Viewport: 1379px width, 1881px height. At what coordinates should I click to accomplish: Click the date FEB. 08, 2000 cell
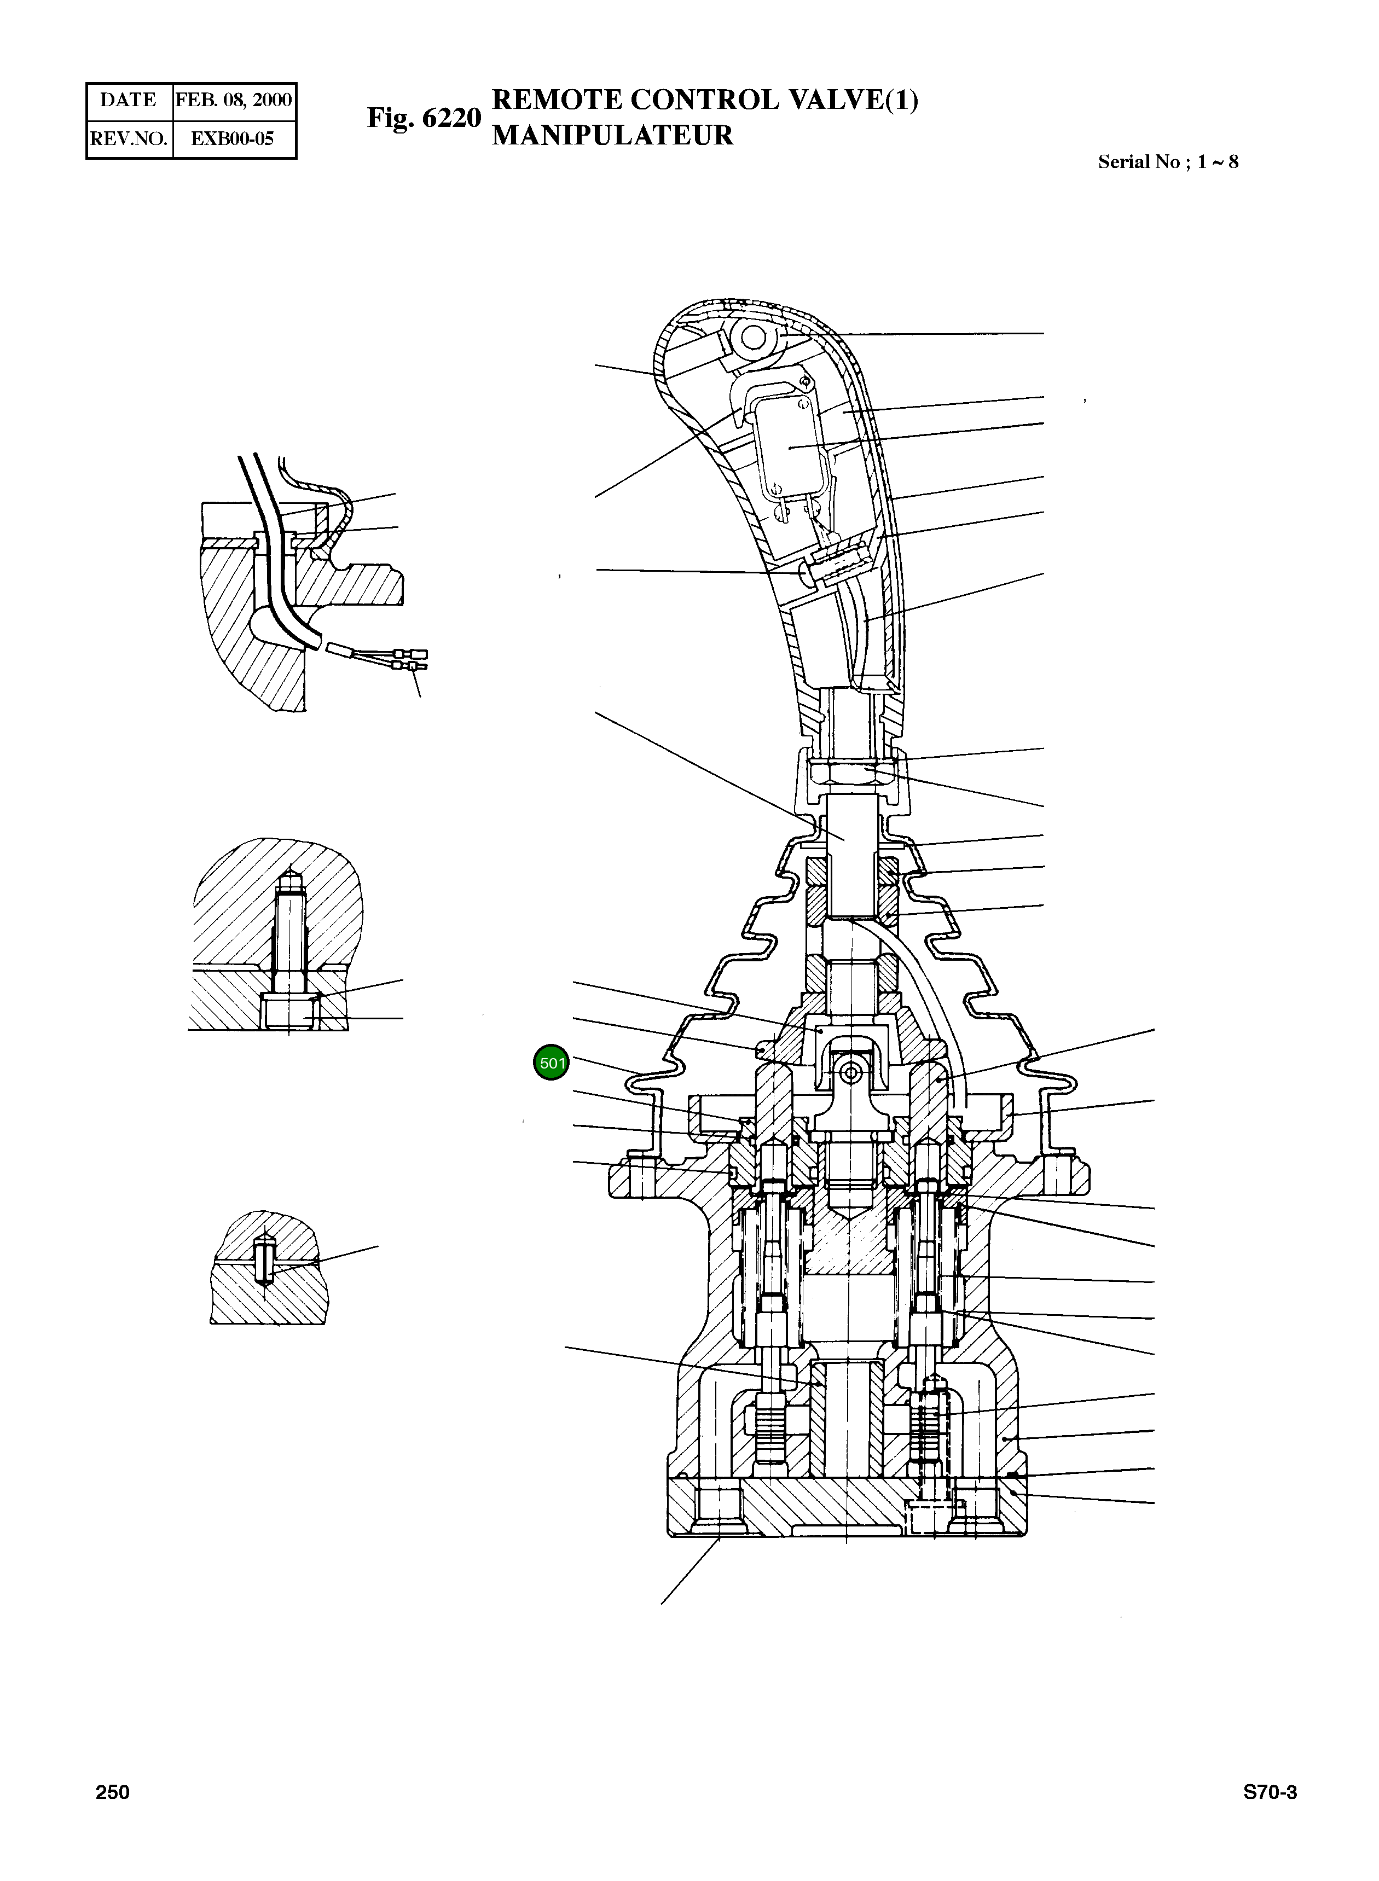234,100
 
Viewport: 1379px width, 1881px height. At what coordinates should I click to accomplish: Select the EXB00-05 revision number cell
233,138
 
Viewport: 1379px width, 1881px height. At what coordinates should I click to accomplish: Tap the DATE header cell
129,100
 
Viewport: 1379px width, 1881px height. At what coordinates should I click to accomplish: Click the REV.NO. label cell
129,138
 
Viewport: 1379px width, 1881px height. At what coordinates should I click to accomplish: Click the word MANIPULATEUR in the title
612,135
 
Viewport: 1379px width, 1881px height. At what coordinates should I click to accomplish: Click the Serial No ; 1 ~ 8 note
1167,162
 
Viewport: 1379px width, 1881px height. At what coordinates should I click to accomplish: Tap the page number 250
113,1792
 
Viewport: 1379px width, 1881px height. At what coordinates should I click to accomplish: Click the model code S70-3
1270,1792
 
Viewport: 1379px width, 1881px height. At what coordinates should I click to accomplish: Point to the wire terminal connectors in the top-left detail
412,659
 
